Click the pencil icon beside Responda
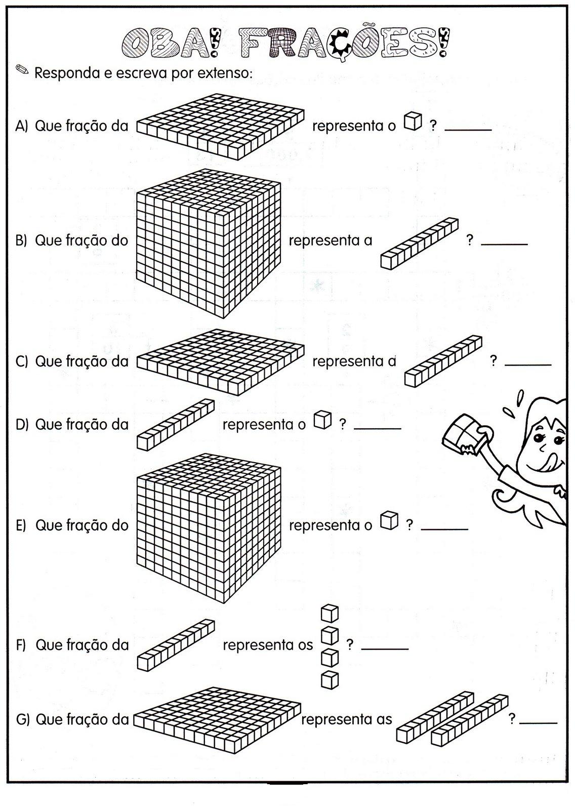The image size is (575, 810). pos(22,69)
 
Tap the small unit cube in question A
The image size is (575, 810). pos(413,122)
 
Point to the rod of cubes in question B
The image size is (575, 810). pos(419,242)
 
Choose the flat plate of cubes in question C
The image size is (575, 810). pos(220,361)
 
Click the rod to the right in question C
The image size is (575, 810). pos(443,361)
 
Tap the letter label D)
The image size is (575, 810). pos(23,424)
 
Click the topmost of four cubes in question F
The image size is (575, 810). pos(330,614)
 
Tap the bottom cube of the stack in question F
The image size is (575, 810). pos(330,679)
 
